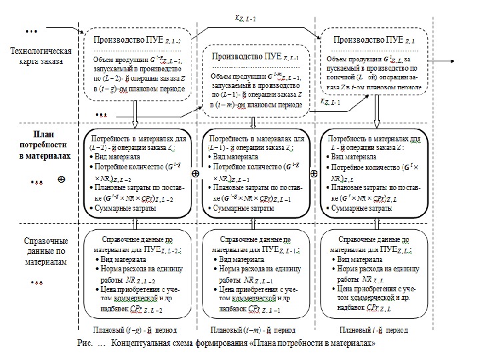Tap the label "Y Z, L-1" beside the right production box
(329, 102)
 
